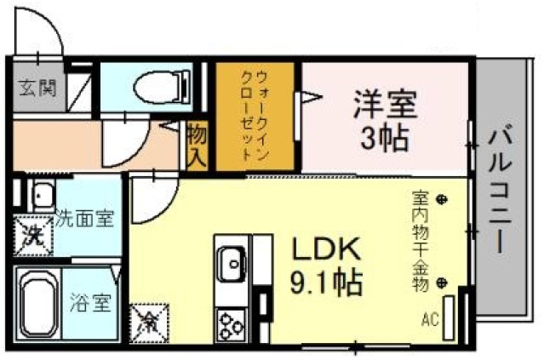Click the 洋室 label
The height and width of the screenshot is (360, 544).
pyautogui.click(x=385, y=106)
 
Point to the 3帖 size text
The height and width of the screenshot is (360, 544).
pyautogui.click(x=385, y=136)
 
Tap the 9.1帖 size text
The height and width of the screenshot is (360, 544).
pyautogui.click(x=328, y=281)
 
